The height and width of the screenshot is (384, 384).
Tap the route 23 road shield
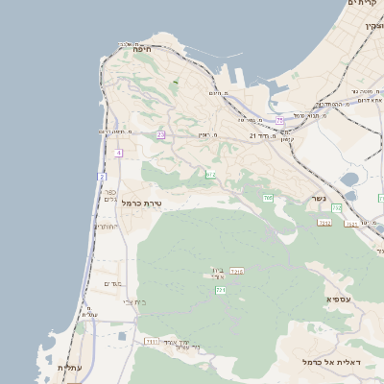pyautogui.click(x=160, y=135)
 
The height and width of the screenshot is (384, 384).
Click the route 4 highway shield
pyautogui.click(x=118, y=153)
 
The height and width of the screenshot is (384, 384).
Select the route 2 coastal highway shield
pyautogui.click(x=102, y=177)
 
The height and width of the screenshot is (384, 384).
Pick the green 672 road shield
pyautogui.click(x=210, y=174)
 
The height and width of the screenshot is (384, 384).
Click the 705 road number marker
pyautogui.click(x=268, y=198)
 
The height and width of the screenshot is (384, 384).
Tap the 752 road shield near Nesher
pyautogui.click(x=336, y=207)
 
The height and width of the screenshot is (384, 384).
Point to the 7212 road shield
pyautogui.click(x=324, y=223)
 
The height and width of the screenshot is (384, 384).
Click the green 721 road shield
pyautogui.click(x=220, y=289)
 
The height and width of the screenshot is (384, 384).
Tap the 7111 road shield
pyautogui.click(x=151, y=341)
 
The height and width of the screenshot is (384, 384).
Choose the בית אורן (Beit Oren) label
pyautogui.click(x=217, y=274)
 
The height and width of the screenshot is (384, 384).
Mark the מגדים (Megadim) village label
pyautogui.click(x=112, y=283)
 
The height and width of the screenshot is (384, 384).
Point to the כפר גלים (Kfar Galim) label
pyautogui.click(x=109, y=195)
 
